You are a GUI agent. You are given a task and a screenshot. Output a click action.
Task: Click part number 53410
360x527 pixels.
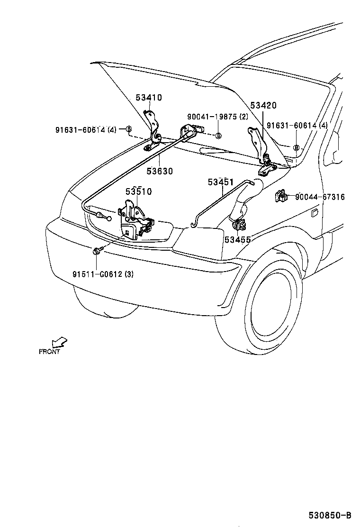click(x=149, y=98)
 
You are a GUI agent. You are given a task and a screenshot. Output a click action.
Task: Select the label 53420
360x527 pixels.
click(x=263, y=106)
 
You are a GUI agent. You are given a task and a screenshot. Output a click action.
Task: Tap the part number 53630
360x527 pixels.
click(x=160, y=171)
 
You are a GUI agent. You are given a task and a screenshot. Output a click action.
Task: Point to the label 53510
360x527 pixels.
click(x=138, y=192)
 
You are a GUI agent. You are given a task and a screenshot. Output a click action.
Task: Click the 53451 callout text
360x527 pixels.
click(x=221, y=182)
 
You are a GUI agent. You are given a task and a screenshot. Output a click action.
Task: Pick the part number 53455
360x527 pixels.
click(x=238, y=240)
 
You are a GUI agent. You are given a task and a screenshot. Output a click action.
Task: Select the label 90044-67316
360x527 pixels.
click(x=320, y=197)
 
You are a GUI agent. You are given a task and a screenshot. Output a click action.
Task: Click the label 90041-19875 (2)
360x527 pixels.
click(x=217, y=117)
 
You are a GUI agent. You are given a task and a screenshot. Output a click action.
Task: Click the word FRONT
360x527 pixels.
click(x=49, y=352)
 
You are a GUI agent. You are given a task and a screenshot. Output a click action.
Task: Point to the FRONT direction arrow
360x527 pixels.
click(x=59, y=342)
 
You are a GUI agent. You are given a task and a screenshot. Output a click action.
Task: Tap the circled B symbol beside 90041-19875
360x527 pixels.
click(x=218, y=136)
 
